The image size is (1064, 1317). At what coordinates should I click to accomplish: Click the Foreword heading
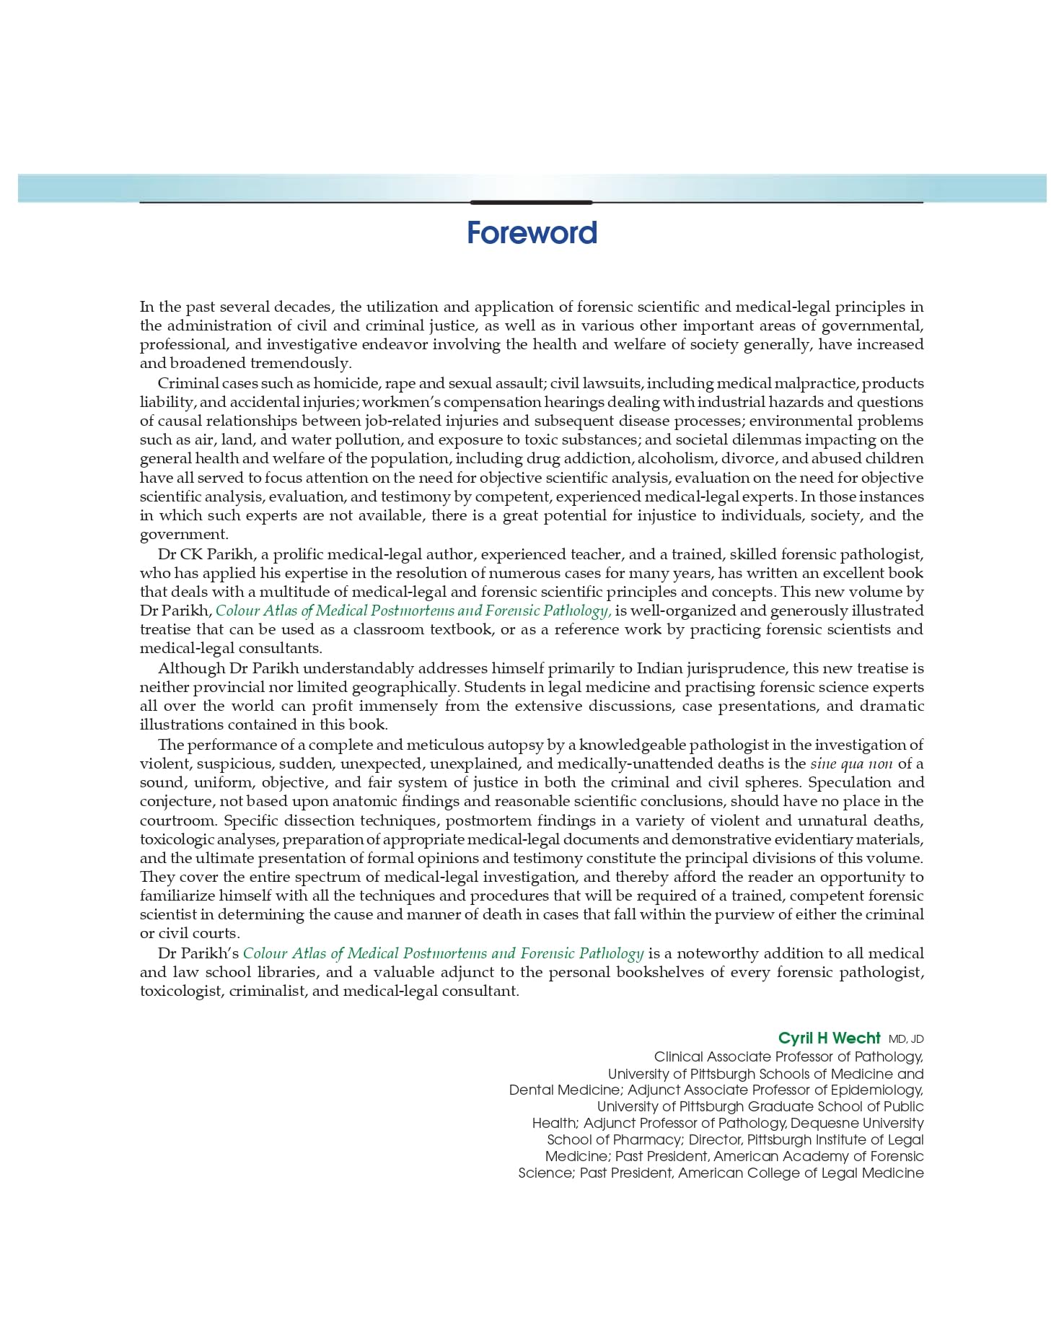click(532, 233)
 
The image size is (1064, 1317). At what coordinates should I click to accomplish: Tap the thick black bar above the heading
click(531, 203)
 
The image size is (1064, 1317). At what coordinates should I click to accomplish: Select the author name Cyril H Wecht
click(829, 1038)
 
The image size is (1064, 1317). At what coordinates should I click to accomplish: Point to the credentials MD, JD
click(906, 1039)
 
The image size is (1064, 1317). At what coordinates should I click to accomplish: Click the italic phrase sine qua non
click(851, 763)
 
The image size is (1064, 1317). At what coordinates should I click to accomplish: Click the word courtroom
click(178, 821)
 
